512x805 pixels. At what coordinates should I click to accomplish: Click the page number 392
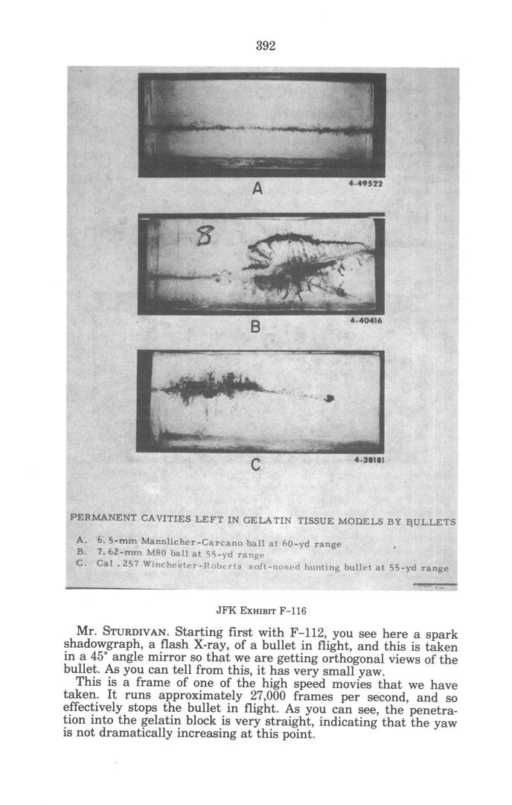(x=266, y=45)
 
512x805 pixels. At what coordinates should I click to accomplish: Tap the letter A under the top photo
(x=256, y=189)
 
